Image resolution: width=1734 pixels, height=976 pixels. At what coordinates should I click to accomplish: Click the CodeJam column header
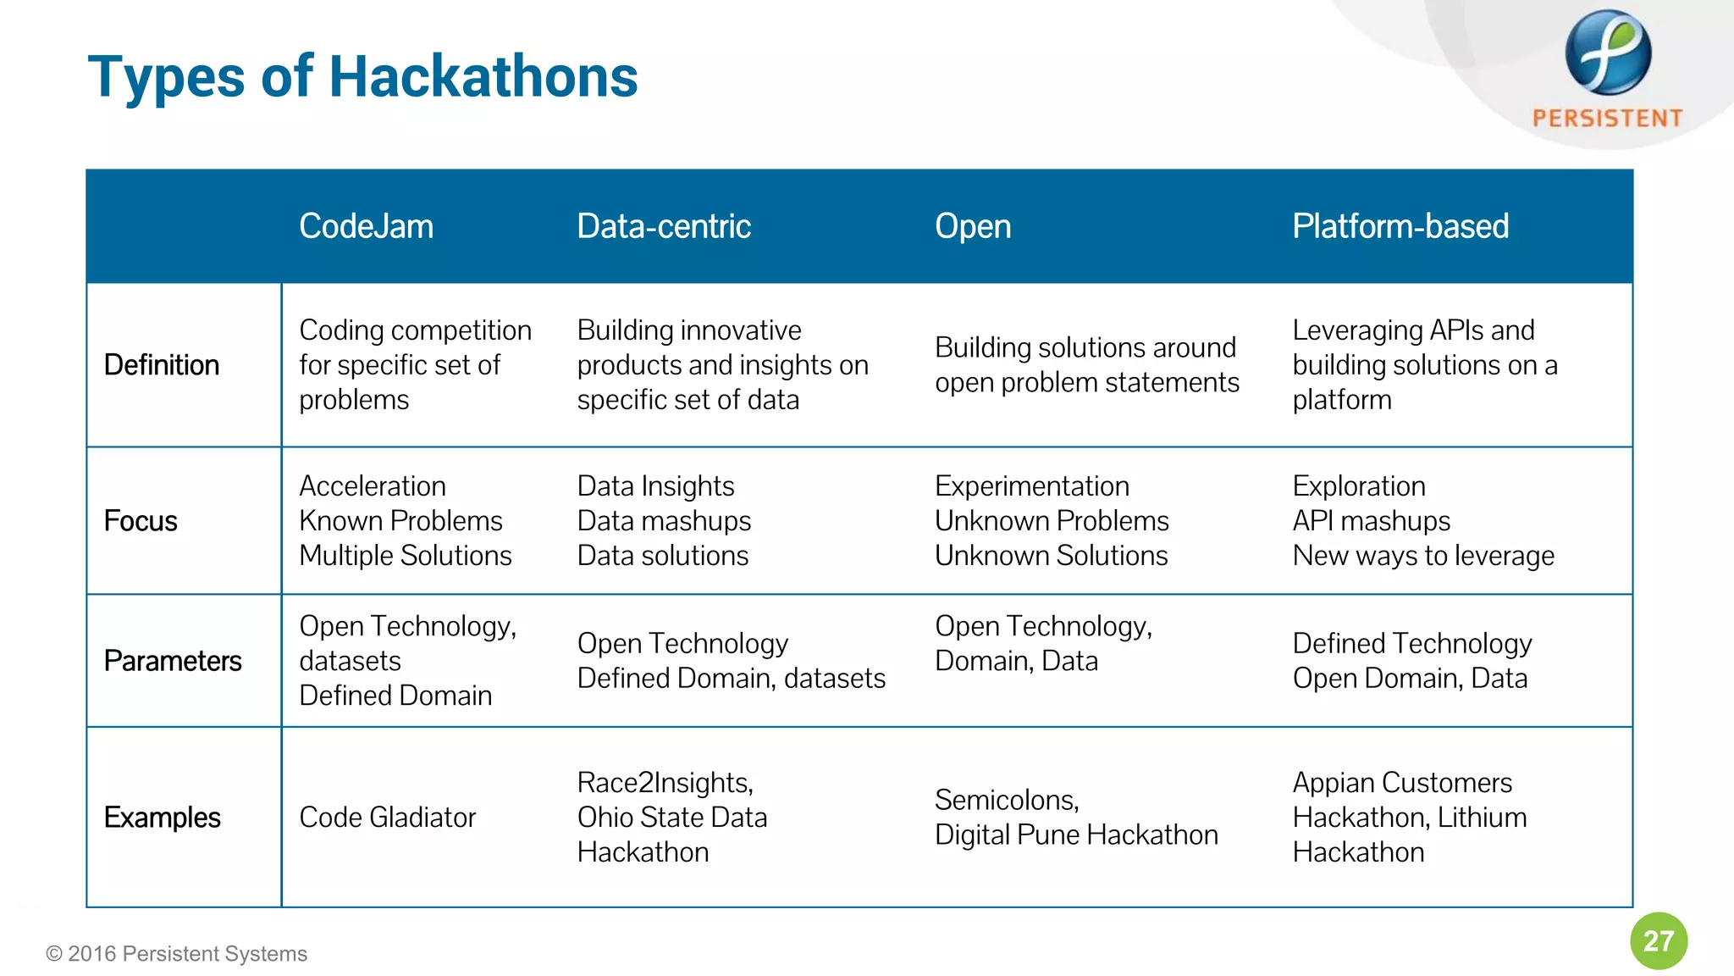pyautogui.click(x=366, y=226)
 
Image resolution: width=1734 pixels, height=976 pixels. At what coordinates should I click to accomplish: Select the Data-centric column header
pyautogui.click(x=664, y=226)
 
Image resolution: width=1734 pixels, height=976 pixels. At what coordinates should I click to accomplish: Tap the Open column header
pyautogui.click(x=972, y=226)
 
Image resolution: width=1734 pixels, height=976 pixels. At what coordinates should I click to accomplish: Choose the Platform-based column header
pyautogui.click(x=1400, y=226)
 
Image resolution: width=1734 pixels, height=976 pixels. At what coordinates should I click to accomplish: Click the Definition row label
pyautogui.click(x=161, y=365)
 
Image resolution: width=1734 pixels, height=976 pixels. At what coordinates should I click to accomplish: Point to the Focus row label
pyautogui.click(x=141, y=521)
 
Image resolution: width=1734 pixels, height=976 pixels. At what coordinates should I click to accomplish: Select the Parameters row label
pyautogui.click(x=173, y=661)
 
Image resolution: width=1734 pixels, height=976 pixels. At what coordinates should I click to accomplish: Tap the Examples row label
pyautogui.click(x=162, y=818)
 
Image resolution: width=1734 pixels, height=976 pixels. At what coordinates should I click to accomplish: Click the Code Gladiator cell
pyautogui.click(x=387, y=818)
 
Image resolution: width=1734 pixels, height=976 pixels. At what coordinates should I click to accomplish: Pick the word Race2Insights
pyautogui.click(x=664, y=783)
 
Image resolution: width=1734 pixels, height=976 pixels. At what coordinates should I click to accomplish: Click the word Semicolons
pyautogui.click(x=1006, y=800)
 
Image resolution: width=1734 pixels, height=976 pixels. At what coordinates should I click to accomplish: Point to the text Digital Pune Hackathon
pyautogui.click(x=1075, y=835)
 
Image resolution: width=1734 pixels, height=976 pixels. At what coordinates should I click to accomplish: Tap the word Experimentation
pyautogui.click(x=1031, y=486)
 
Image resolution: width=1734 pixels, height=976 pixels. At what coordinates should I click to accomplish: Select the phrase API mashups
pyautogui.click(x=1371, y=521)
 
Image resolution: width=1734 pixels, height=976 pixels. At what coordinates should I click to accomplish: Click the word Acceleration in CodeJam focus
pyautogui.click(x=372, y=486)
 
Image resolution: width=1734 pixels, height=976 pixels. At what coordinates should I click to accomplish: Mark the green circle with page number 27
pyautogui.click(x=1658, y=940)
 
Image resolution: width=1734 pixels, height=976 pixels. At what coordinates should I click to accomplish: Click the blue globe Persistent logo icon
pyautogui.click(x=1607, y=53)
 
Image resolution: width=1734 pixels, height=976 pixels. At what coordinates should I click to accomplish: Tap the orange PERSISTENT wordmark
pyautogui.click(x=1607, y=118)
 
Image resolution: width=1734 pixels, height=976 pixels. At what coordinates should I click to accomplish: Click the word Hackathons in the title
pyautogui.click(x=483, y=76)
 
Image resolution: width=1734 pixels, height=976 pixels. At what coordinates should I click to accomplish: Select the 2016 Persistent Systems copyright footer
pyautogui.click(x=177, y=954)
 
